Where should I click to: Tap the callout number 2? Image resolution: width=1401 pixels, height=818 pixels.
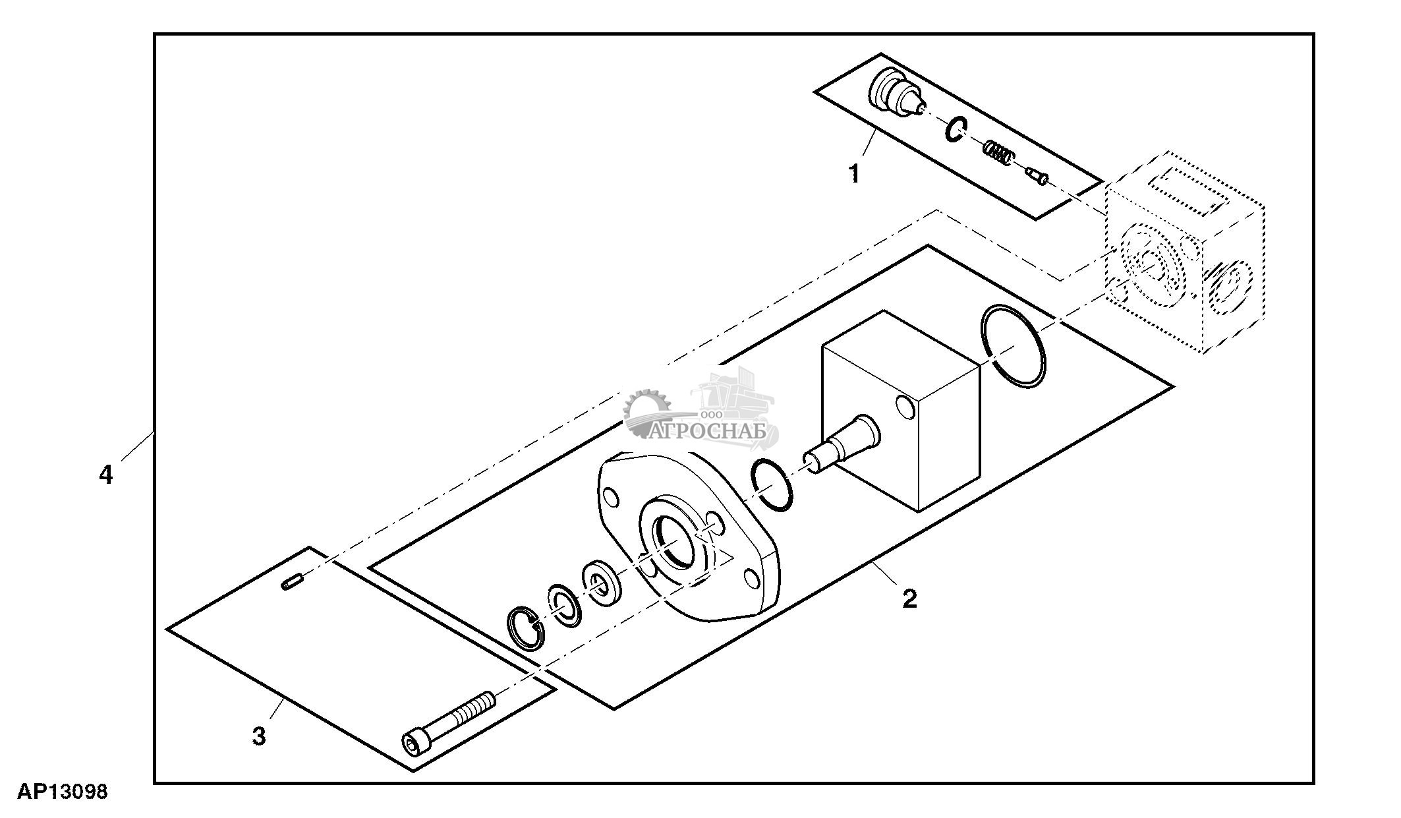click(x=909, y=599)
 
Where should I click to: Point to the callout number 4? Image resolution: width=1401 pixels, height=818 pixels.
click(x=106, y=475)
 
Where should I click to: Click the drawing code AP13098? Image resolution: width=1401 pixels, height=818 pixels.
click(x=63, y=792)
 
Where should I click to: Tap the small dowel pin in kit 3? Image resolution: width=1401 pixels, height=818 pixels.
click(x=291, y=583)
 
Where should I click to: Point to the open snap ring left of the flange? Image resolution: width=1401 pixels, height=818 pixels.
click(x=526, y=628)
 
